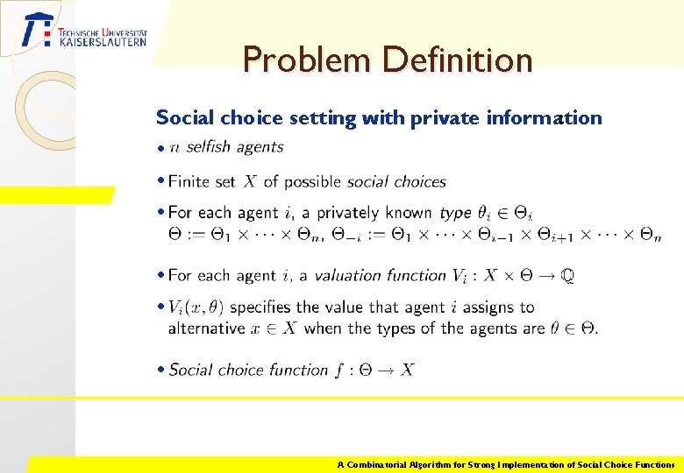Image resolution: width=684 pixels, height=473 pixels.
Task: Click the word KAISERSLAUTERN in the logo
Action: pos(103,41)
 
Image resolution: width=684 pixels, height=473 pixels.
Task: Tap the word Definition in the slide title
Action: pos(457,60)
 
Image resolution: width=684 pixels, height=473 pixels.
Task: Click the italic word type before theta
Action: pos(456,213)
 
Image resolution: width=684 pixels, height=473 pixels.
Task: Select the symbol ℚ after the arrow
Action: pos(567,275)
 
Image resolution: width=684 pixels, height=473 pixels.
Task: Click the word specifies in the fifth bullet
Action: pos(260,307)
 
